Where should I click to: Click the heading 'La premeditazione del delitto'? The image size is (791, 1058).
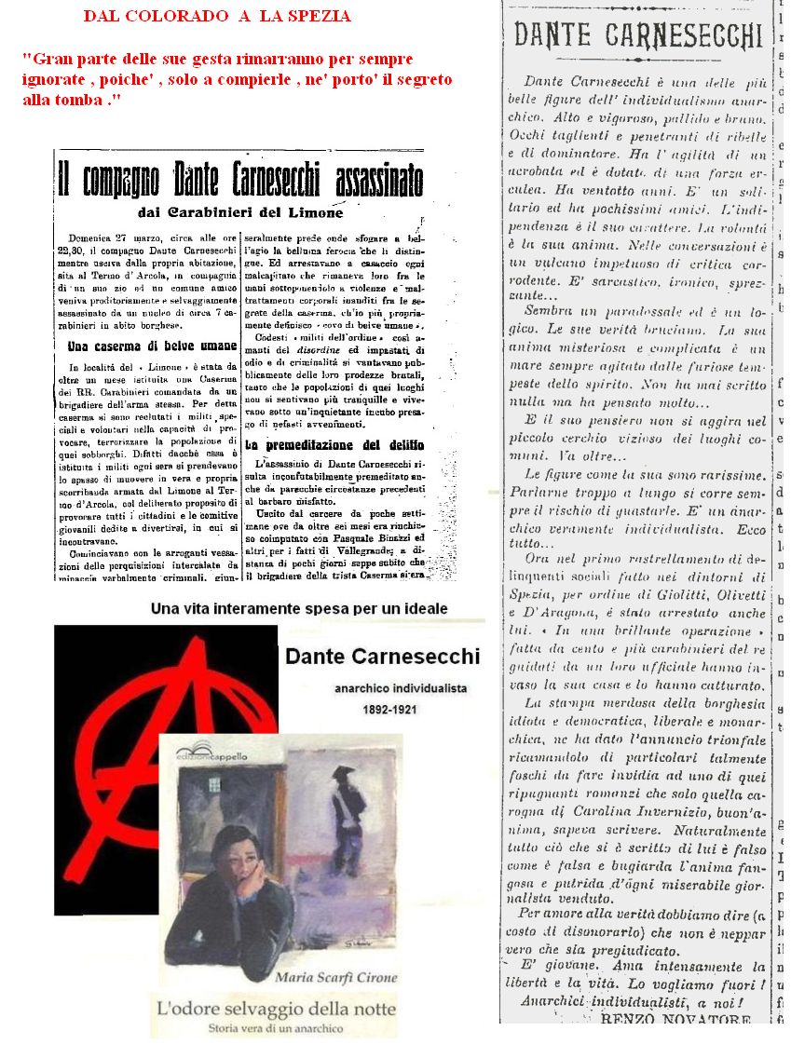coord(334,444)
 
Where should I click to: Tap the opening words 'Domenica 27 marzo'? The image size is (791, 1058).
coord(116,240)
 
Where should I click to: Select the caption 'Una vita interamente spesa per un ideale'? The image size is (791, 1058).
coord(299,608)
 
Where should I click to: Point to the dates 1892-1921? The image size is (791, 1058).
coord(390,710)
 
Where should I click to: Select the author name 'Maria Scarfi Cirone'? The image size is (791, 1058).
coord(335,977)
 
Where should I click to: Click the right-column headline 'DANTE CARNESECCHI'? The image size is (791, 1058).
coord(638,35)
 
